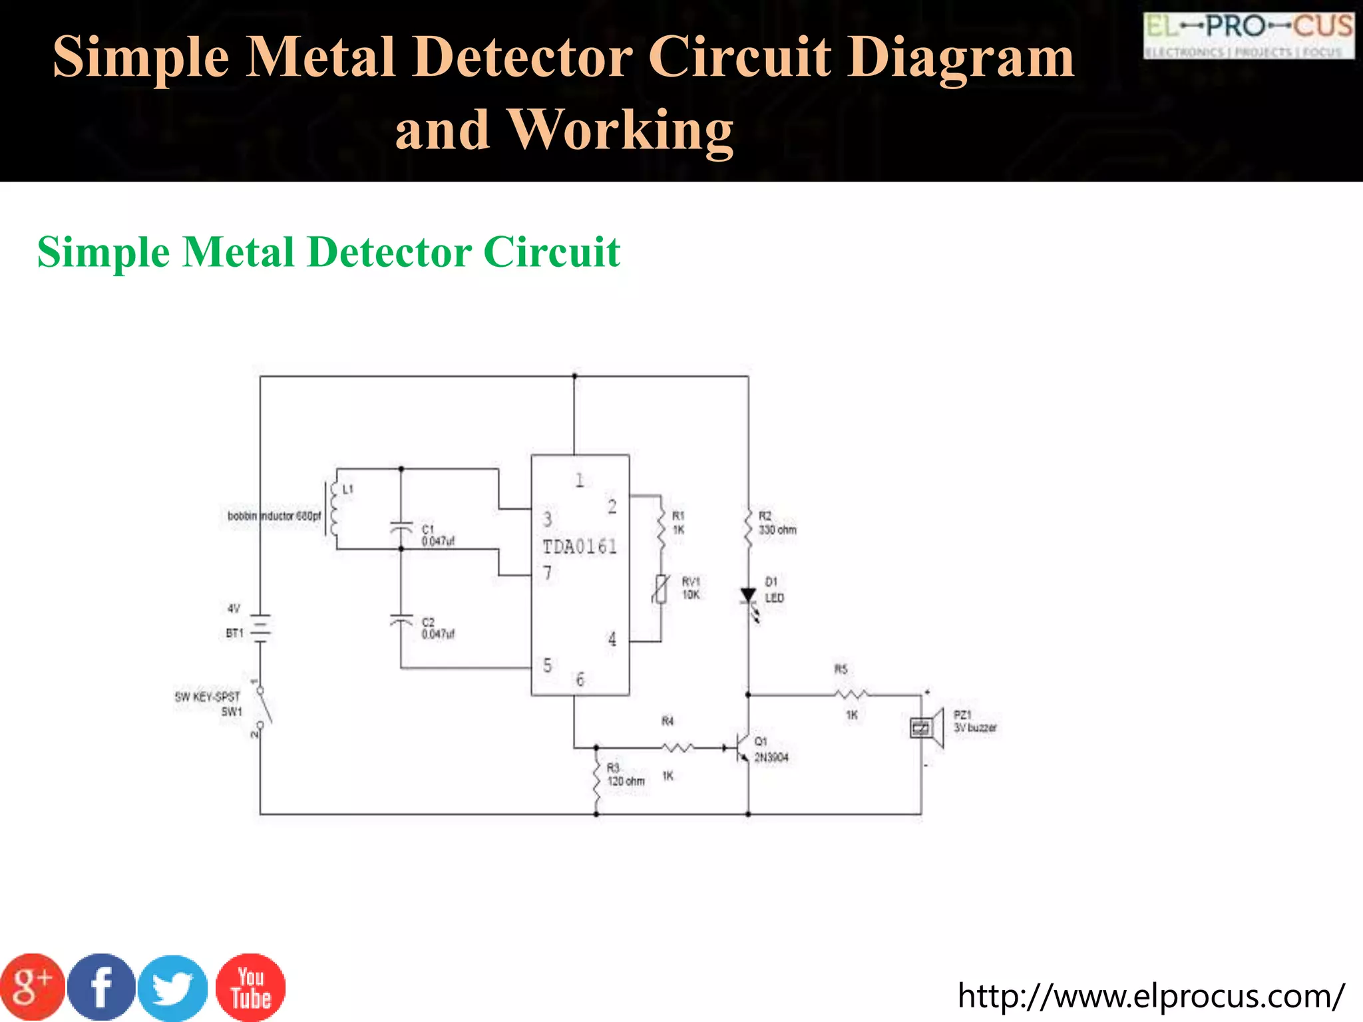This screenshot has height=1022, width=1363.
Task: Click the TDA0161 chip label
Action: pos(580,547)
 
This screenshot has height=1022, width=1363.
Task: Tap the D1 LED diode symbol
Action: pos(749,596)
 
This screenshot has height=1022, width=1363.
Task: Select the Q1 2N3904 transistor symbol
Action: pos(741,748)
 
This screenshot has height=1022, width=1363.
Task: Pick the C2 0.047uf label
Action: pos(437,628)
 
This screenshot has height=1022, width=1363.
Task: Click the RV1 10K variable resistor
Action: pos(660,589)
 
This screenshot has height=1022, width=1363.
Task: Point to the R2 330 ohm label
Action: pos(777,523)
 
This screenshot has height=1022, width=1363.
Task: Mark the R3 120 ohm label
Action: pos(625,774)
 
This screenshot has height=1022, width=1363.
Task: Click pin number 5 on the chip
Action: pos(547,665)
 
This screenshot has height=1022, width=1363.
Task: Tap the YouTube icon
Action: pos(250,987)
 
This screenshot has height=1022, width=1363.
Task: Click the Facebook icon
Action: pos(101,987)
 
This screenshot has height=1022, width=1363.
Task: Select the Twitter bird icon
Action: pos(173,987)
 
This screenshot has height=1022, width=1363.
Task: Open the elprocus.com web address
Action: pos(1150,996)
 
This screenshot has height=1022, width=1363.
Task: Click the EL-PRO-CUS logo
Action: pos(1248,35)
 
